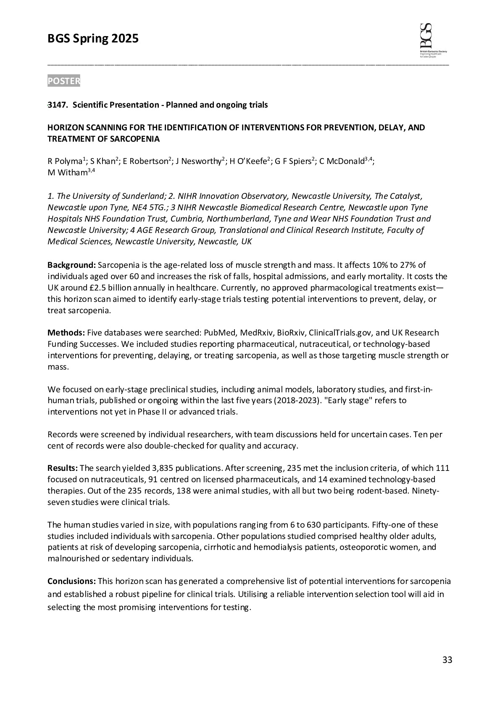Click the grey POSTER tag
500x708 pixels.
pyautogui.click(x=63, y=81)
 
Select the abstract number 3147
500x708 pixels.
pyautogui.click(x=57, y=105)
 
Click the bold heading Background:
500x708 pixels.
pyautogui.click(x=72, y=265)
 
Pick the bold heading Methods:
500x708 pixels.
pyautogui.click(x=66, y=333)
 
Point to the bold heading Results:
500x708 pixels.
pyautogui.click(x=63, y=468)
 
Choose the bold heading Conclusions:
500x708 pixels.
pyautogui.click(x=72, y=581)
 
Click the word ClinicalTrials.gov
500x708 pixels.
pyautogui.click(x=340, y=333)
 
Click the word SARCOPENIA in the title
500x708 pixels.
pyautogui.click(x=137, y=139)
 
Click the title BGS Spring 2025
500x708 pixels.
pyautogui.click(x=93, y=39)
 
